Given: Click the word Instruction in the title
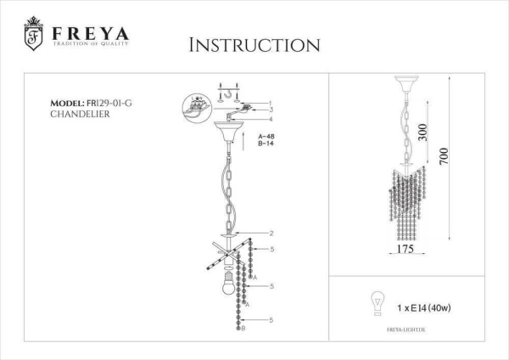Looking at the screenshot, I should tap(255, 45).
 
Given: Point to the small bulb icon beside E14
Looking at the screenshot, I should tap(373, 301).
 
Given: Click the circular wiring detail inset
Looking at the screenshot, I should tap(198, 110).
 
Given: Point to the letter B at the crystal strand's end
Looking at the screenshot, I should tap(244, 329).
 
